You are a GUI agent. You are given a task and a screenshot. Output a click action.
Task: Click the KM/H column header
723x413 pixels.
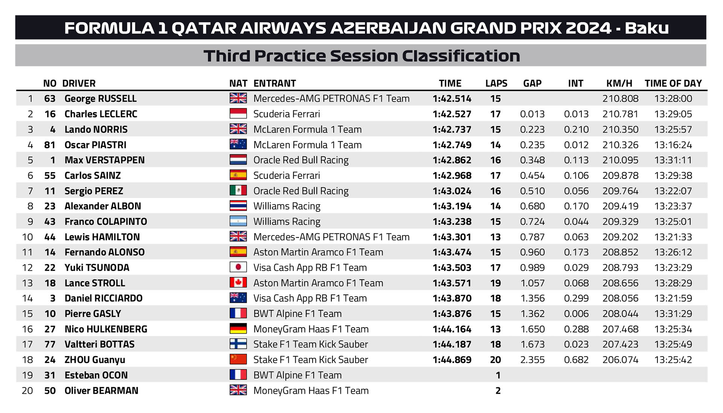pyautogui.click(x=619, y=83)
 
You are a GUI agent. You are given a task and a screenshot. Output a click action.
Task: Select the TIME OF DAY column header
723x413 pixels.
pyautogui.click(x=673, y=83)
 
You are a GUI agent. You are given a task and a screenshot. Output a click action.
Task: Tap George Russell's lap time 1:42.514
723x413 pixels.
pyautogui.click(x=451, y=99)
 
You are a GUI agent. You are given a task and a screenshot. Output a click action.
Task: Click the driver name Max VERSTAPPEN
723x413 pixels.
pyautogui.click(x=104, y=160)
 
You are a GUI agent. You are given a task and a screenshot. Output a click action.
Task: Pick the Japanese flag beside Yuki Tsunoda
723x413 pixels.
pyautogui.click(x=238, y=267)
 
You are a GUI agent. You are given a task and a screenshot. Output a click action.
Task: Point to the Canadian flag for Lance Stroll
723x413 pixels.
pyautogui.click(x=238, y=283)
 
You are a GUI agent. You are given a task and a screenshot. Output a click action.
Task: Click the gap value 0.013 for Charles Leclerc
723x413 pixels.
pyautogui.click(x=532, y=114)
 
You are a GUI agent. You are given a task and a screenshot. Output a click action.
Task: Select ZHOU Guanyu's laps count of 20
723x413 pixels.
pyautogui.click(x=495, y=360)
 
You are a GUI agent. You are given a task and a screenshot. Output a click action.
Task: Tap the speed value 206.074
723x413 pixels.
pyautogui.click(x=620, y=360)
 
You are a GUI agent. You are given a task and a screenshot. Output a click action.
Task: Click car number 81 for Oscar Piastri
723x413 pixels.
pyautogui.click(x=50, y=145)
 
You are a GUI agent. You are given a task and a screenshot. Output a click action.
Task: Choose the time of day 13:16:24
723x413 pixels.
pyautogui.click(x=673, y=145)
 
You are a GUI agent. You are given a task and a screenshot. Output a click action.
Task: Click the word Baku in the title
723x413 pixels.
pyautogui.click(x=647, y=28)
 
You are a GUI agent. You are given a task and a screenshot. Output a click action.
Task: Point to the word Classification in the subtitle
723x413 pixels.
pyautogui.click(x=461, y=56)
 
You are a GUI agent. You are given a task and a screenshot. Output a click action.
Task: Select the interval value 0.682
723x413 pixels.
pyautogui.click(x=576, y=360)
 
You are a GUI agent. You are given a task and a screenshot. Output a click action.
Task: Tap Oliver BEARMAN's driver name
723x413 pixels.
pyautogui.click(x=101, y=391)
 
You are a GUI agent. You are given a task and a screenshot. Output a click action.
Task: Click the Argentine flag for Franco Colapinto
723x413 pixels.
pyautogui.click(x=238, y=221)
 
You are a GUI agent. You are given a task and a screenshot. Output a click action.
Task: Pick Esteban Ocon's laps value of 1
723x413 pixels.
pyautogui.click(x=498, y=375)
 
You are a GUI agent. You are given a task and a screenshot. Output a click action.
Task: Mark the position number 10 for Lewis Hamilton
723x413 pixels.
pyautogui.click(x=27, y=237)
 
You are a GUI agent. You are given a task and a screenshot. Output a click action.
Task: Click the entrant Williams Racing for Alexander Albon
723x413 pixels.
pyautogui.click(x=287, y=206)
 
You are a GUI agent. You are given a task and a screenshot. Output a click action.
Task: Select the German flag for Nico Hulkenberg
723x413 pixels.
pyautogui.click(x=238, y=329)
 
